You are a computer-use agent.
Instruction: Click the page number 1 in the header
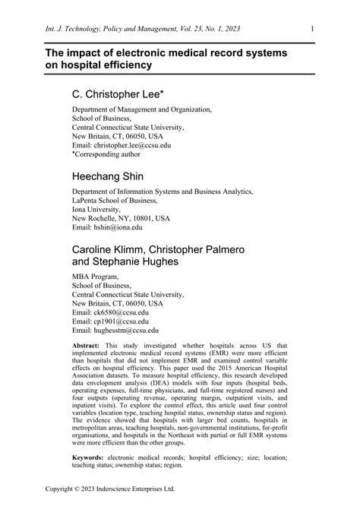(313, 30)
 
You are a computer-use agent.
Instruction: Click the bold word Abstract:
(89, 345)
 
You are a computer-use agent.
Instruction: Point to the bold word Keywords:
(91, 459)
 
